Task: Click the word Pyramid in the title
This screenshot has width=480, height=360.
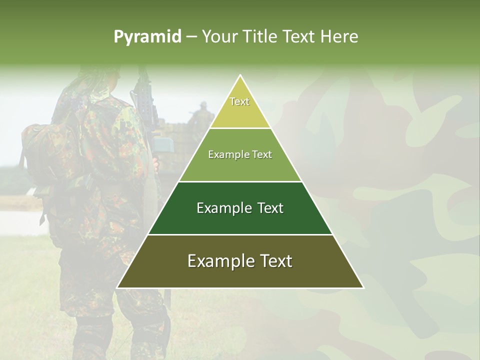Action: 147,37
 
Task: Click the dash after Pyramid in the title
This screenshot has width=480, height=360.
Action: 191,37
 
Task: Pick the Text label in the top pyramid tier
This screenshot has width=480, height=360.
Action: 239,101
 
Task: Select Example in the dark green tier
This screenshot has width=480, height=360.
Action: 221,208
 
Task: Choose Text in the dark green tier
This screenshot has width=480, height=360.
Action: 271,208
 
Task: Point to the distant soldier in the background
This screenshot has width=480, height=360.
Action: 202,113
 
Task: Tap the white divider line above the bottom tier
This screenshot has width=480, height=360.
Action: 240,234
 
